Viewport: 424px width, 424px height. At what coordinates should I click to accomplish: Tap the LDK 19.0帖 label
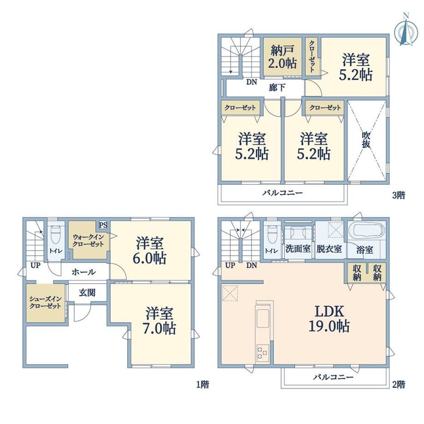[329, 318]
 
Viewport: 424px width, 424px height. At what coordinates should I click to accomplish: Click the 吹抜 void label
[366, 140]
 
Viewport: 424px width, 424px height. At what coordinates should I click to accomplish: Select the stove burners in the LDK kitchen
[262, 353]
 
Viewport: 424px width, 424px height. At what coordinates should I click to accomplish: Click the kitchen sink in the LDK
[262, 318]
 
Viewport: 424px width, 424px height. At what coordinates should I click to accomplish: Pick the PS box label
[103, 225]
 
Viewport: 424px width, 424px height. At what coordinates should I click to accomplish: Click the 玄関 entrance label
[87, 293]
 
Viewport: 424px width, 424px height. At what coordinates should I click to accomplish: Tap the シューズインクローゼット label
[45, 303]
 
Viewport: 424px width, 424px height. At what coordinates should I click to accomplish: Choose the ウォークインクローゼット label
[88, 241]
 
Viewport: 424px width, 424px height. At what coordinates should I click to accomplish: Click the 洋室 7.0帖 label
[159, 321]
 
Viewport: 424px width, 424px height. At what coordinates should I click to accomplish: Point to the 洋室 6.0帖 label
[149, 250]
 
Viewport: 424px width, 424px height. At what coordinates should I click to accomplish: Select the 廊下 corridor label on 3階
[277, 88]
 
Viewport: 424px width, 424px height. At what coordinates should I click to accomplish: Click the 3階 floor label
[399, 195]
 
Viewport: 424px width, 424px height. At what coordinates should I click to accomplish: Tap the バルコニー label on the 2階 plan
[333, 377]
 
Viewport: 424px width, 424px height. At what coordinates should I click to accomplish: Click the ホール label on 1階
[83, 272]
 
